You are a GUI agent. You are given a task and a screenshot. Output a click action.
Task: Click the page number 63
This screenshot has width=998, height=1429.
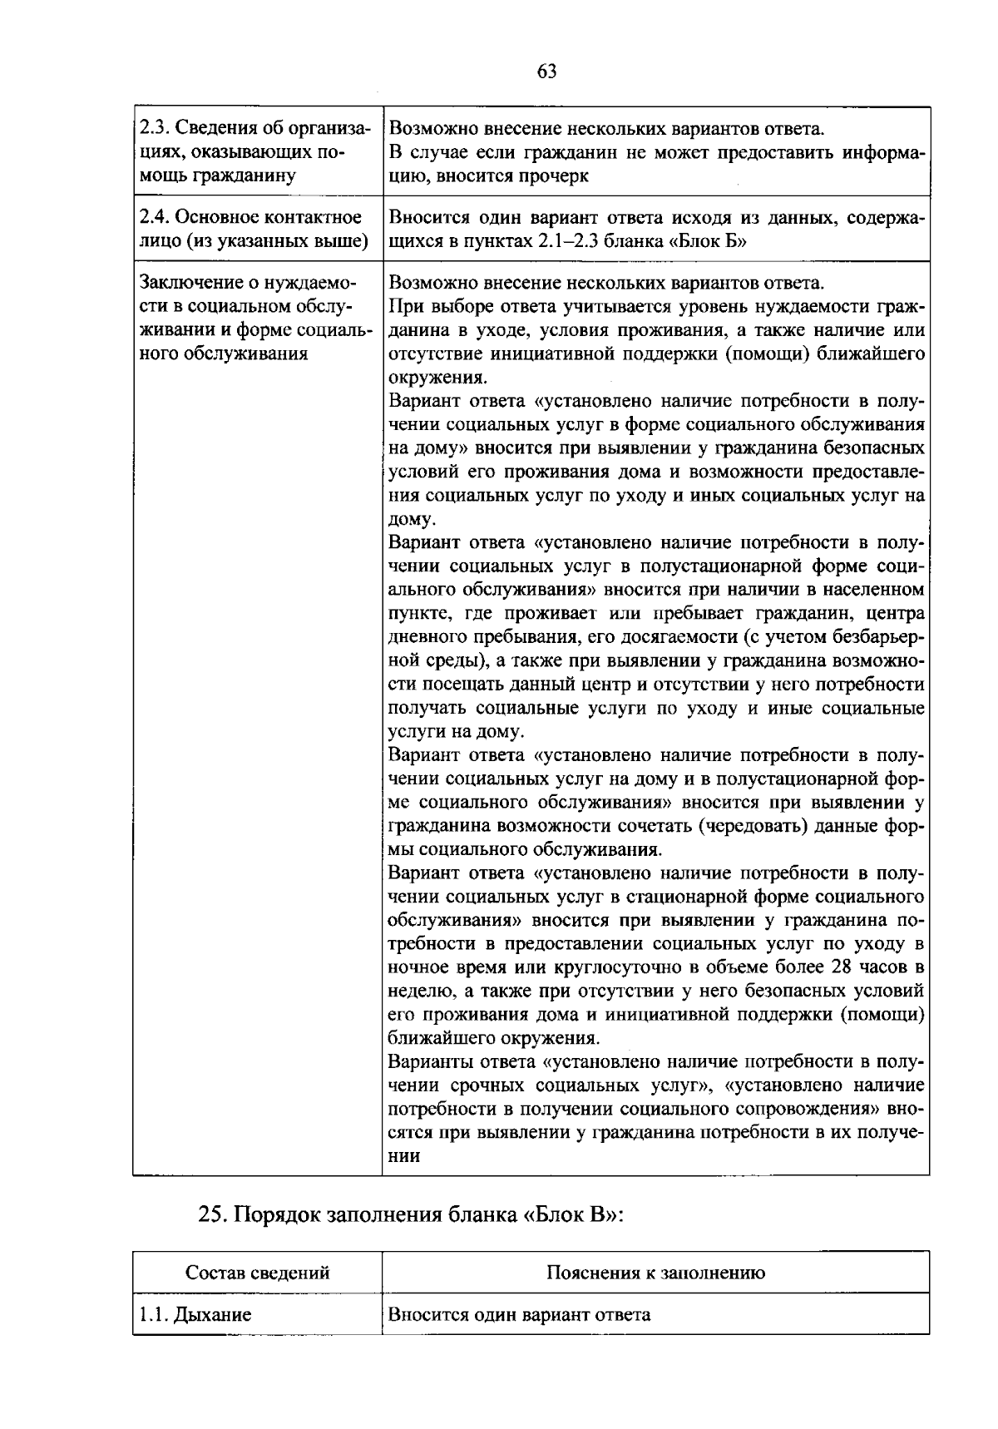tap(546, 72)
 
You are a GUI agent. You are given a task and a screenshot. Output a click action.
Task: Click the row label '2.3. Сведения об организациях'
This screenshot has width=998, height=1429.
tap(254, 152)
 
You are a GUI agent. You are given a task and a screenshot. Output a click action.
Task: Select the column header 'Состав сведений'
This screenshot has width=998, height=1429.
tap(258, 1273)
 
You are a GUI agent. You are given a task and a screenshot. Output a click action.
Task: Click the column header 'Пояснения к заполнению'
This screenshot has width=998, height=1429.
tap(656, 1273)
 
